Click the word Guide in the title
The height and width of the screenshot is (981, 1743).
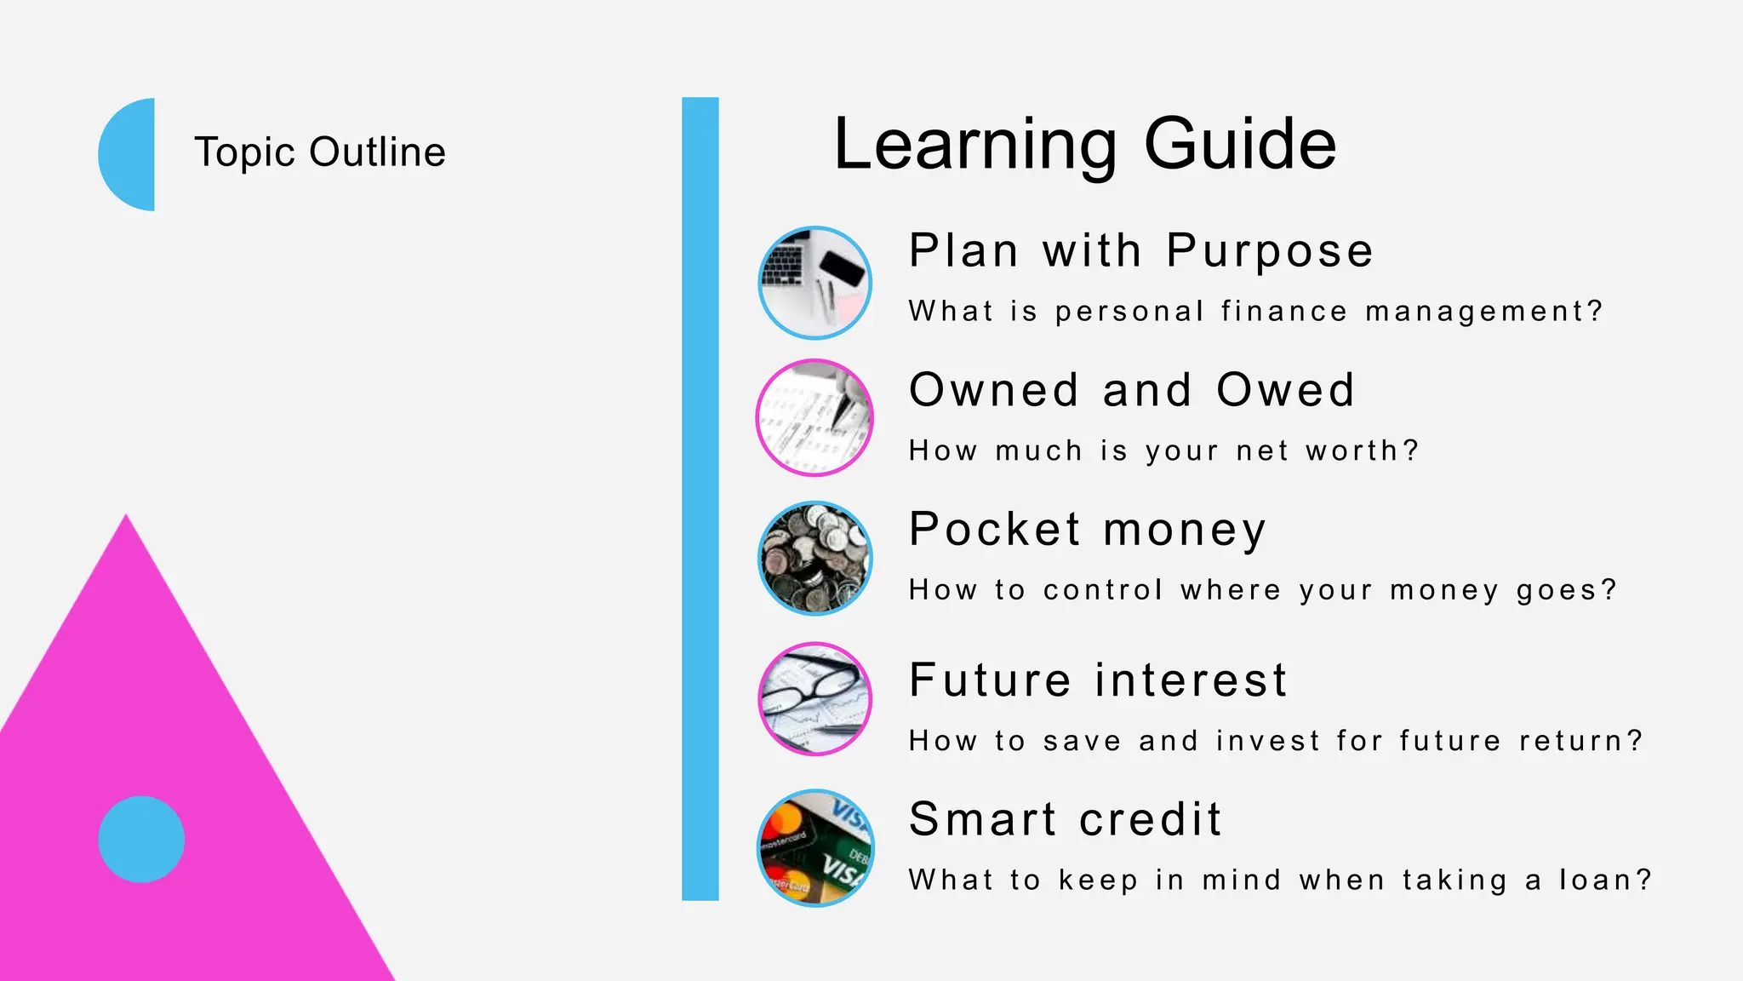tap(1240, 145)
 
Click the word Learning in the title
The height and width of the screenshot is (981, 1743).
tap(974, 145)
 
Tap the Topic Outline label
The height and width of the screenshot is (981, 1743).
tap(320, 152)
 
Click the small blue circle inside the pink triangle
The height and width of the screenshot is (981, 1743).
tap(141, 839)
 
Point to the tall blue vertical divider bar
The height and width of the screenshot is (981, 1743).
tap(700, 498)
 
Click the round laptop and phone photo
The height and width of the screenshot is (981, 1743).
tap(814, 283)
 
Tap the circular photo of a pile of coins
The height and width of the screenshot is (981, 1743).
tap(814, 559)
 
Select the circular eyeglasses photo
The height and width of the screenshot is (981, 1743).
tap(814, 698)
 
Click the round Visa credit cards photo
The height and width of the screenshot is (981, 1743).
tap(814, 848)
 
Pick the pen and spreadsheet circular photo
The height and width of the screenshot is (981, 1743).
tap(814, 417)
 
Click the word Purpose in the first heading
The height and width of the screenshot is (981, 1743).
tap(1269, 252)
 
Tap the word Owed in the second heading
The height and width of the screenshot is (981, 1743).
tap(1284, 390)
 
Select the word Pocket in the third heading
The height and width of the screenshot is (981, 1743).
tap(995, 529)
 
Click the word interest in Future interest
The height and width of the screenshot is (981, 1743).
tap(1191, 680)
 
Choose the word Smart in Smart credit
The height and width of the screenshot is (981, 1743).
tap(981, 819)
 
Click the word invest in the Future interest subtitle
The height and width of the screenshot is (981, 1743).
tap(1268, 741)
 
